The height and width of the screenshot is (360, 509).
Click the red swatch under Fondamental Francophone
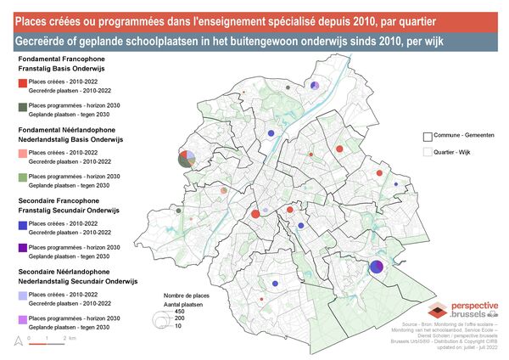[22, 83]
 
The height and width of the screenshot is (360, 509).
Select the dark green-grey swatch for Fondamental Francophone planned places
[22, 106]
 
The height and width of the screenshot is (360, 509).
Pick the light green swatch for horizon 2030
[22, 177]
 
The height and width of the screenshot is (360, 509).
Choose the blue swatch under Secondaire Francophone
[22, 226]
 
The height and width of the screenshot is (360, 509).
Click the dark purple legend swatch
[22, 249]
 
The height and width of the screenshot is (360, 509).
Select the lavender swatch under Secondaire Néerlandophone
[22, 296]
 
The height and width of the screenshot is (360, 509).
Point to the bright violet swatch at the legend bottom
[22, 319]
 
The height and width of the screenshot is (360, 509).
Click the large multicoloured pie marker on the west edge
[187, 158]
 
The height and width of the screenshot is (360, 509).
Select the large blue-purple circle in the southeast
[377, 267]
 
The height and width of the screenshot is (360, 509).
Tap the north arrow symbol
[17, 340]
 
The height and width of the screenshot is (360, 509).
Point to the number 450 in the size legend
[178, 311]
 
